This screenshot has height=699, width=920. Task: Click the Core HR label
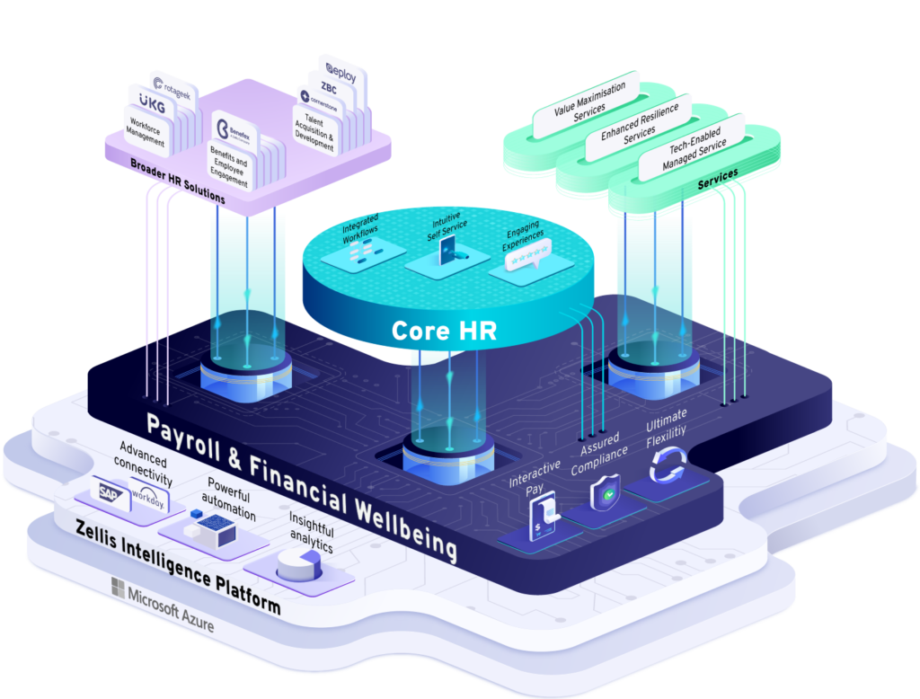tap(444, 331)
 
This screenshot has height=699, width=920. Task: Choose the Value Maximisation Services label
tap(584, 101)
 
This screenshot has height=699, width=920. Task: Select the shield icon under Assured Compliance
tap(603, 494)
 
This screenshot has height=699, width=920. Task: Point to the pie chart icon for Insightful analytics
tap(295, 565)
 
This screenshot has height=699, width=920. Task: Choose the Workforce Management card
tap(146, 133)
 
